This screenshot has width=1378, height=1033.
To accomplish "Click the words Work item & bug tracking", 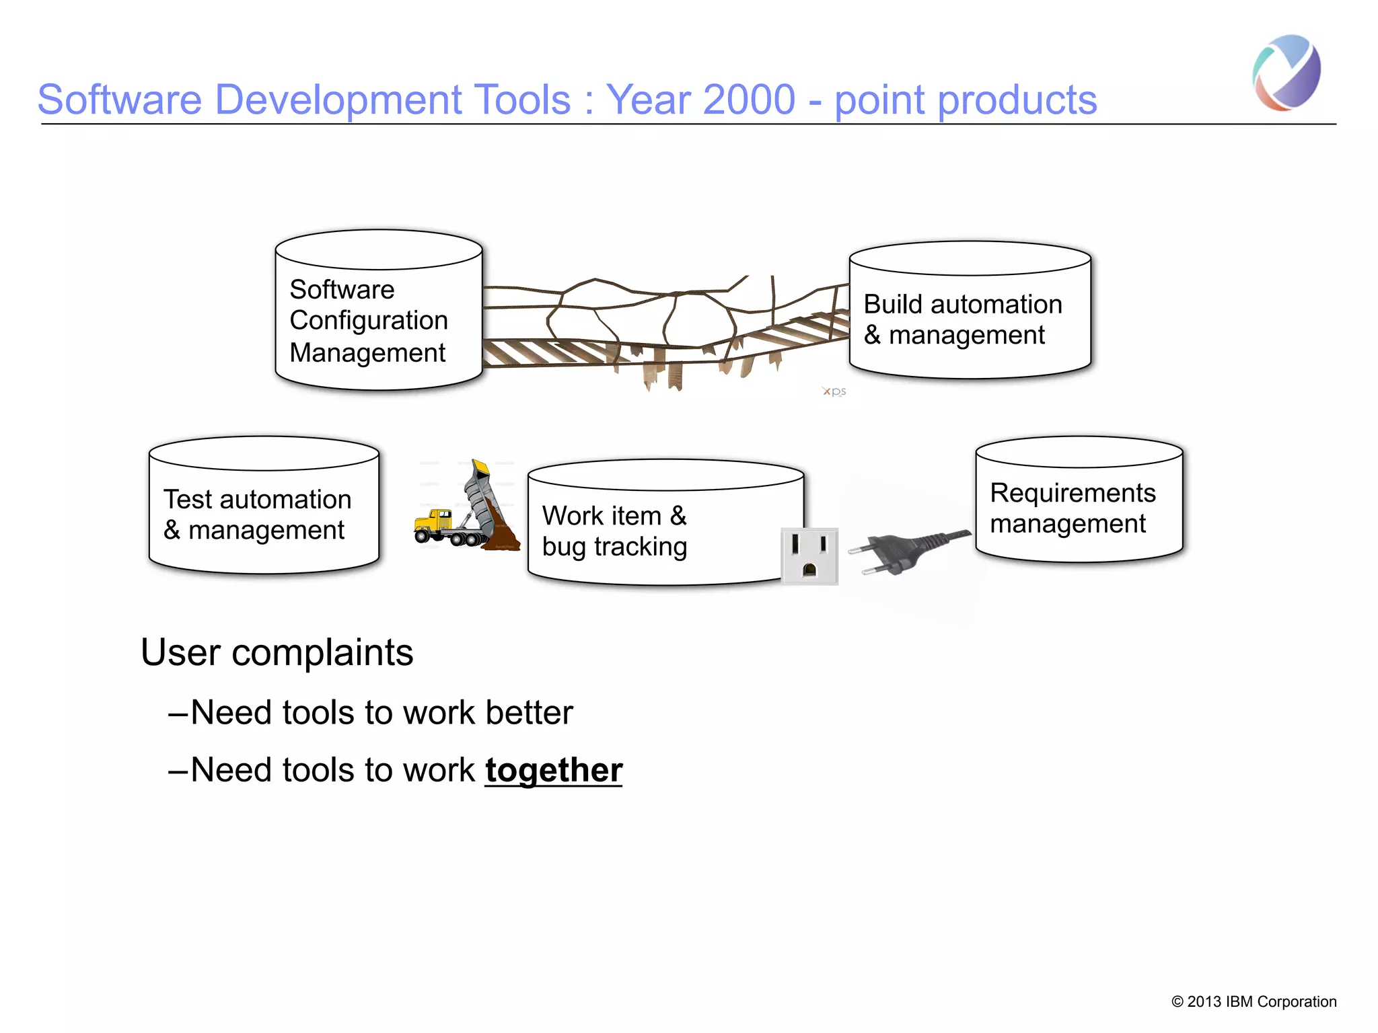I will click(614, 531).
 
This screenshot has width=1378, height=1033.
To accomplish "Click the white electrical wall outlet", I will click(809, 556).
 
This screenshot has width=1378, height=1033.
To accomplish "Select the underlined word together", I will click(554, 770).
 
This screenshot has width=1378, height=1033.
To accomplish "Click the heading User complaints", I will click(277, 652).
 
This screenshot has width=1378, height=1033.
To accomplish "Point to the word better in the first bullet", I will click(530, 712).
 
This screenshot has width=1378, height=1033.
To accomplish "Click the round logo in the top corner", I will click(1286, 72).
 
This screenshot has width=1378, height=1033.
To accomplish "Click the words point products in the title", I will click(966, 100).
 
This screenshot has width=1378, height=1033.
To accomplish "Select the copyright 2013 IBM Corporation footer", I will click(1254, 1001).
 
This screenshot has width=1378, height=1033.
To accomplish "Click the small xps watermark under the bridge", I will click(834, 391).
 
